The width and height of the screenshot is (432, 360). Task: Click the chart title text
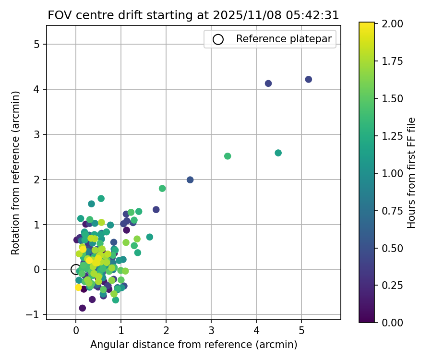click(193, 15)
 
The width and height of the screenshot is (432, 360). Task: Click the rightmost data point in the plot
click(308, 79)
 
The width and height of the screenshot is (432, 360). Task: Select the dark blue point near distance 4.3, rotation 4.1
click(268, 84)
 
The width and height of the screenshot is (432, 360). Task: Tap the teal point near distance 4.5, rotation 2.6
click(278, 153)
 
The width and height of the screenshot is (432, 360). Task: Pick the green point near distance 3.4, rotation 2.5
click(228, 156)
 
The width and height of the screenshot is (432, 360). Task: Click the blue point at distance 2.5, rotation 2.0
click(190, 180)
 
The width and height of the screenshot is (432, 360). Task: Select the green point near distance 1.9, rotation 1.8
click(162, 188)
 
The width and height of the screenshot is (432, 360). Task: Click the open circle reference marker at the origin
click(75, 269)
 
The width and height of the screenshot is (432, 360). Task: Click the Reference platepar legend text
click(284, 39)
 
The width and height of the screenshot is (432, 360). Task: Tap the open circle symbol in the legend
click(218, 39)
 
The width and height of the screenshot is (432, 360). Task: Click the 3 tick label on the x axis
click(211, 330)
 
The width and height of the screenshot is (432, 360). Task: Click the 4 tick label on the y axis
click(36, 89)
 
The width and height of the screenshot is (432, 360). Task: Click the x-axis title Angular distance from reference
click(193, 345)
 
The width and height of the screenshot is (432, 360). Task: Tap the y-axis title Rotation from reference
click(16, 172)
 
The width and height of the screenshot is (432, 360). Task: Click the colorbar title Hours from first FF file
click(411, 173)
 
